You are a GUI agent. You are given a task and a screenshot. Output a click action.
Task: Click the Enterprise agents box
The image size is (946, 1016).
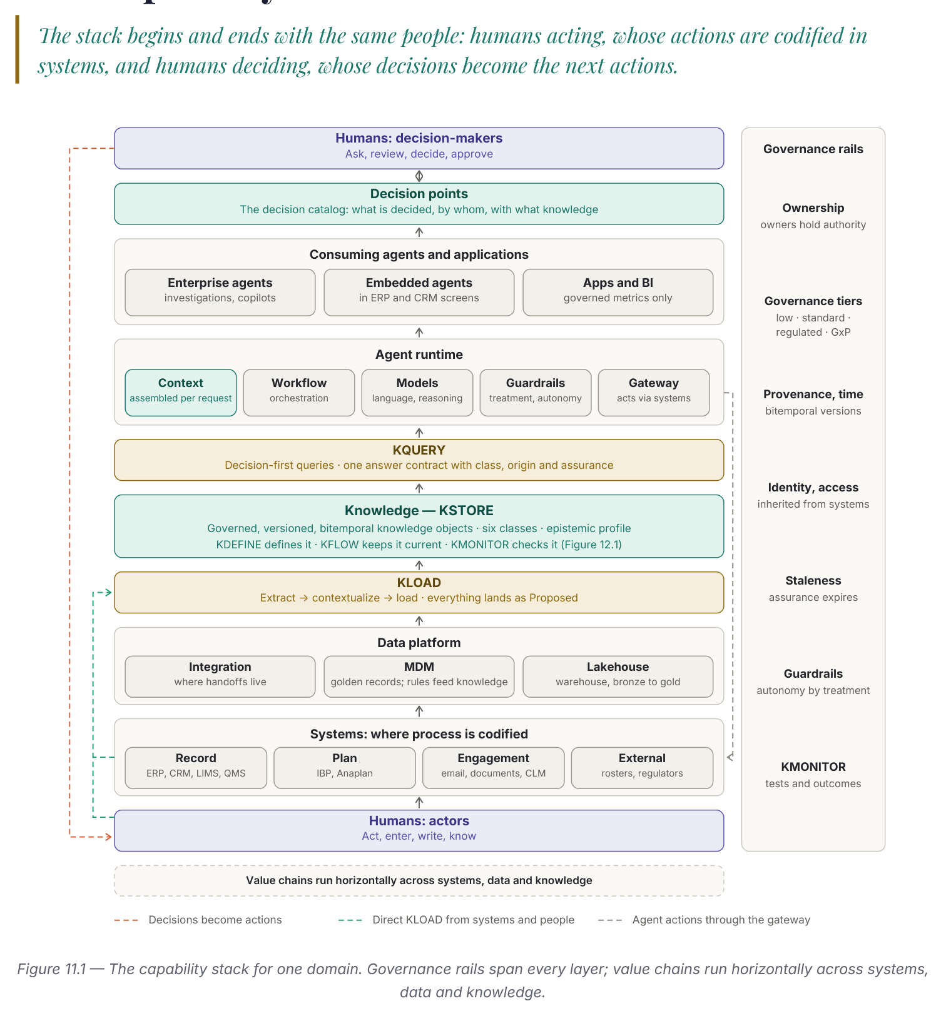point(220,292)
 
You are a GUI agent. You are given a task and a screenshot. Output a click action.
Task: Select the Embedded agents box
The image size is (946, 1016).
point(419,292)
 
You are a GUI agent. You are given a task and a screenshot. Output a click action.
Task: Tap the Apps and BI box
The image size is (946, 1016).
point(618,292)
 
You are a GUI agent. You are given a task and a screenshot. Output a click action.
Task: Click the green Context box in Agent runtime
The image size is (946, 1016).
point(181,393)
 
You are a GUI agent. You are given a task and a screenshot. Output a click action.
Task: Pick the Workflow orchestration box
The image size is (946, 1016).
point(299,393)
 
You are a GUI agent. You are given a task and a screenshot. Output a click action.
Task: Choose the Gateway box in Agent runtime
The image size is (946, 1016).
point(654,393)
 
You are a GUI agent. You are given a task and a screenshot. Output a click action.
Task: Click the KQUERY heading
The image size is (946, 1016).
point(419,450)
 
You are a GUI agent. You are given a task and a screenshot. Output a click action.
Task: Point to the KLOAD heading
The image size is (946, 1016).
point(419,583)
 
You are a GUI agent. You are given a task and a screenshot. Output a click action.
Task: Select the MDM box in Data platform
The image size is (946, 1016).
point(419,676)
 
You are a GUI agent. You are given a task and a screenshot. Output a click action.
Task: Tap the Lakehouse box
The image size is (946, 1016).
point(618,676)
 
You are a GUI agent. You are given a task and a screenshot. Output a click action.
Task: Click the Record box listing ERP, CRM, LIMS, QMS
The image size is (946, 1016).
point(196,768)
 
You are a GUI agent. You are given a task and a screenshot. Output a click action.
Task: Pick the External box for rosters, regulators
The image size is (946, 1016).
point(642,768)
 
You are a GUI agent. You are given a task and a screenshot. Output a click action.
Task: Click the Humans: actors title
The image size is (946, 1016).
point(419,821)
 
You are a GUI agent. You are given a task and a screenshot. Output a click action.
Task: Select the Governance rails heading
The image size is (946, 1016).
point(813,149)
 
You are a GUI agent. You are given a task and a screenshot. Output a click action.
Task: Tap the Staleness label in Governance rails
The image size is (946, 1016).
point(813,580)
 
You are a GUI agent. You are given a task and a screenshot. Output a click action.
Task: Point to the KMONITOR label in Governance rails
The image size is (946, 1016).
point(813,767)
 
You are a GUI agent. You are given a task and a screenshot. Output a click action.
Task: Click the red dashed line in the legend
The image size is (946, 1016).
point(126,920)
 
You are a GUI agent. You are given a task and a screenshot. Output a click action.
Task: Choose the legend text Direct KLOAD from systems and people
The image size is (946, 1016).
point(474,920)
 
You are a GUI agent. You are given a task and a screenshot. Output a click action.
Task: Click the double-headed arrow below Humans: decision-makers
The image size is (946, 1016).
point(419,176)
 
